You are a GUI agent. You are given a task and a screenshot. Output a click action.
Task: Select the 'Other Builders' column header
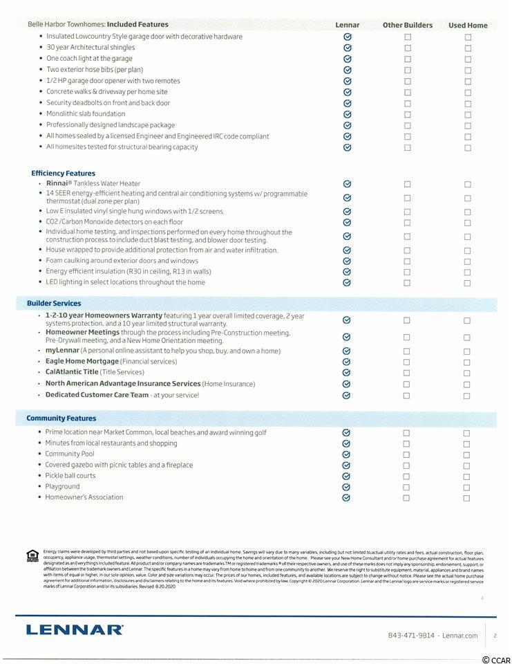click(408, 26)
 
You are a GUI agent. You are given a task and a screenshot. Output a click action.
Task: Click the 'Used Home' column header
click(467, 26)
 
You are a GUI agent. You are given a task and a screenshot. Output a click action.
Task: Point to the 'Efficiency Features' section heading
click(64, 174)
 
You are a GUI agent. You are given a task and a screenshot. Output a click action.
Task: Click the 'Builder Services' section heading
click(54, 304)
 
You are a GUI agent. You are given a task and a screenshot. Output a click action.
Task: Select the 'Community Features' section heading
click(61, 418)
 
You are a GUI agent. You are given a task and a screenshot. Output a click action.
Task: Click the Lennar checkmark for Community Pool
click(347, 454)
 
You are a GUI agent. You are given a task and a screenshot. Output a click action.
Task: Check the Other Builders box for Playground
click(407, 487)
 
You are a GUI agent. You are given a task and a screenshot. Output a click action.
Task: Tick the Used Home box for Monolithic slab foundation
click(468, 114)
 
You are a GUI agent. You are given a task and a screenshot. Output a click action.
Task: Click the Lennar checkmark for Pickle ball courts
click(347, 476)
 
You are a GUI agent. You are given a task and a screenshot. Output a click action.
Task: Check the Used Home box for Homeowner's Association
click(467, 498)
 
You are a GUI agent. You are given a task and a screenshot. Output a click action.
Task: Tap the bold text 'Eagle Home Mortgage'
click(82, 362)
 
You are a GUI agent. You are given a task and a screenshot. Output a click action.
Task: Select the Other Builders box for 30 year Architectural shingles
click(408, 48)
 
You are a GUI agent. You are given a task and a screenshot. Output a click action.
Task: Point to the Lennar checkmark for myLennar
click(347, 351)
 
